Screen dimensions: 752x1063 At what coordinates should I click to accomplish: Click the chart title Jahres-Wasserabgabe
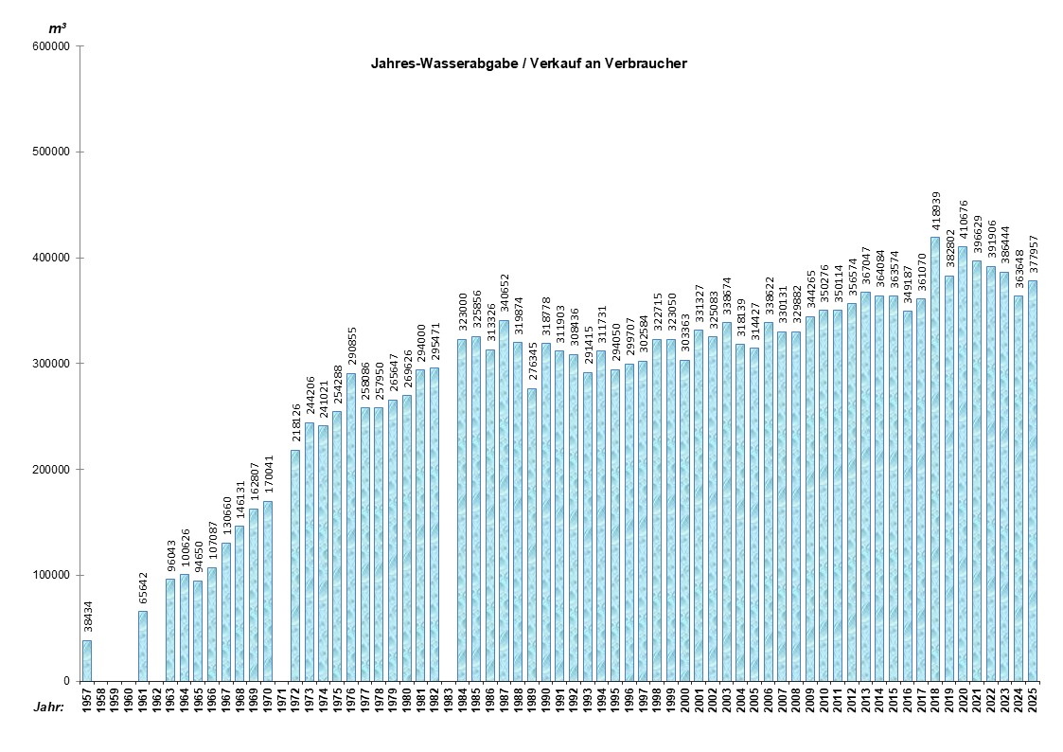click(528, 64)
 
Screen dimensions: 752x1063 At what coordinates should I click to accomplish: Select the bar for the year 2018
click(935, 459)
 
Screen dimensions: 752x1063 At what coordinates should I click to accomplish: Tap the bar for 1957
click(87, 661)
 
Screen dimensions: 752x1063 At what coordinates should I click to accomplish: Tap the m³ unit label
click(58, 28)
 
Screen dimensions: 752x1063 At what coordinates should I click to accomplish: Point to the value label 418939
click(935, 212)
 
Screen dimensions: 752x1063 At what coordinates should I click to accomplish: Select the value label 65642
click(142, 591)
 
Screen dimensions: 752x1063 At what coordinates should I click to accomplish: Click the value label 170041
click(267, 477)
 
